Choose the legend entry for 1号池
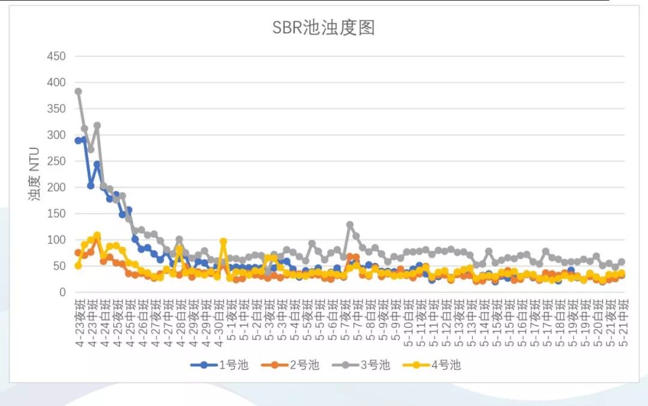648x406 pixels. (x=218, y=365)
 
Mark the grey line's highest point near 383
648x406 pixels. (x=78, y=92)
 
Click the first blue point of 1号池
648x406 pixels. (x=78, y=141)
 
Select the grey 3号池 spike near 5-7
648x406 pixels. (x=350, y=225)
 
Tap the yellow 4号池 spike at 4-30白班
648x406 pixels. (x=223, y=241)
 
